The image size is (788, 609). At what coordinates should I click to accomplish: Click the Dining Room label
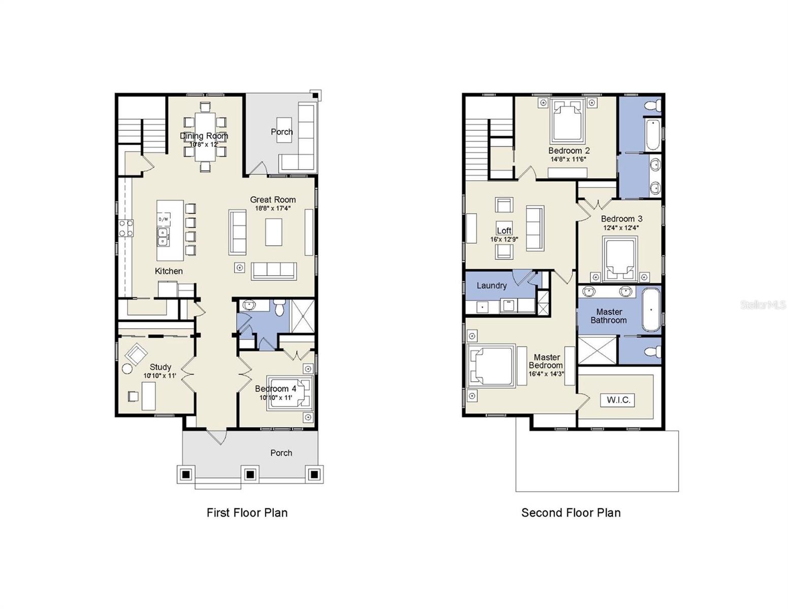[x=204, y=136]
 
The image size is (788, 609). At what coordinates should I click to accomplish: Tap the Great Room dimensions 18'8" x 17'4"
[x=273, y=208]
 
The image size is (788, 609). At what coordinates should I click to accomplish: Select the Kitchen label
[x=169, y=271]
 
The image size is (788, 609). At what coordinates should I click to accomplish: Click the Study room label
[x=160, y=367]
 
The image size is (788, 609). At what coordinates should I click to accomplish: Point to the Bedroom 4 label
[x=275, y=389]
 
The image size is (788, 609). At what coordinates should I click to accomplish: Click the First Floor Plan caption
[x=247, y=513]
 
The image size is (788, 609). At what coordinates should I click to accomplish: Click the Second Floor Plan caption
[x=571, y=513]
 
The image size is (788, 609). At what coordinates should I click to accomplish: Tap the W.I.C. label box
[x=618, y=400]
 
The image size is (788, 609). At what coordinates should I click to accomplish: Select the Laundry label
[x=491, y=285]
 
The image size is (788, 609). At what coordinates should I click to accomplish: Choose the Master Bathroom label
[x=608, y=316]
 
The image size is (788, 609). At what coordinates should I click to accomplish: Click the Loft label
[x=504, y=230]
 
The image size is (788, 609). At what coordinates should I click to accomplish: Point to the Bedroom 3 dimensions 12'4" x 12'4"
[x=621, y=228]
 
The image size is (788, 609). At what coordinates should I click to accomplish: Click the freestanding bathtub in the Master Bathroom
[x=651, y=310]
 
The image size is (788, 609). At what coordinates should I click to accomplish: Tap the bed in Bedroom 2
[x=567, y=121]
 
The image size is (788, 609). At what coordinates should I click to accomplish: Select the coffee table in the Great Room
[x=273, y=231]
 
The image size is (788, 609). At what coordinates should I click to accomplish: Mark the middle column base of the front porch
[x=249, y=475]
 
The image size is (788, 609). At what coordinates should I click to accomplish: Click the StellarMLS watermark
[x=763, y=304]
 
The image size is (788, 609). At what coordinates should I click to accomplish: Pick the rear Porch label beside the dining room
[x=281, y=132]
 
